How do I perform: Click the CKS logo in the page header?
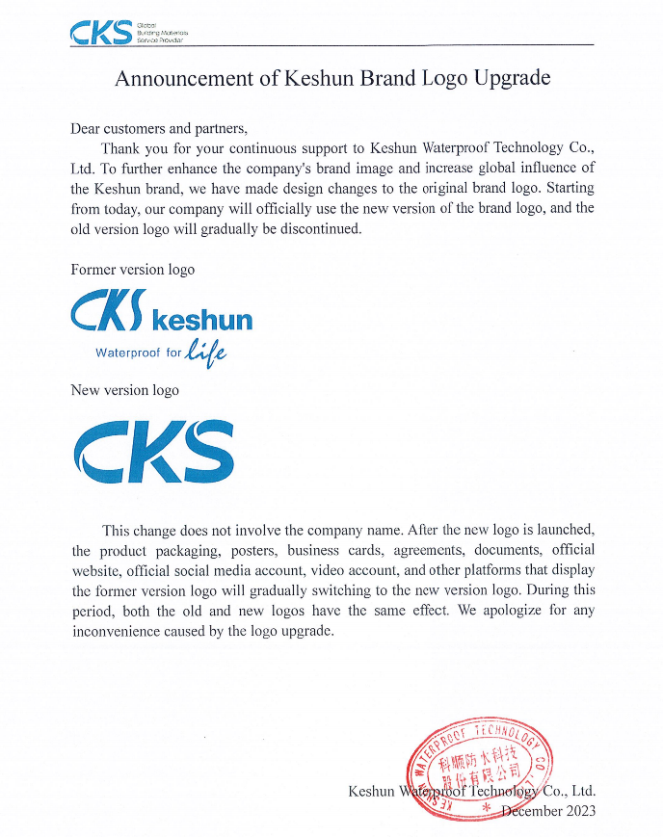[x=100, y=33]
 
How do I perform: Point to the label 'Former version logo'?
[x=132, y=270]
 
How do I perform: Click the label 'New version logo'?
[x=124, y=390]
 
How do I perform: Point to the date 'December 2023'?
[x=548, y=811]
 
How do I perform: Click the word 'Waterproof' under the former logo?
[x=129, y=353]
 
